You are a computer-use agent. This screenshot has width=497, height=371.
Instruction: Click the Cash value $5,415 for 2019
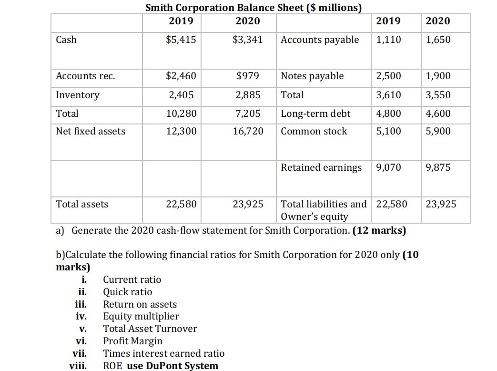[x=181, y=40]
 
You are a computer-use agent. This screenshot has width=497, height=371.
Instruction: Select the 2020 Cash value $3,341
[x=247, y=40]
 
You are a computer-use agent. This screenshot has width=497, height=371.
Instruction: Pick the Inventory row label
[x=78, y=95]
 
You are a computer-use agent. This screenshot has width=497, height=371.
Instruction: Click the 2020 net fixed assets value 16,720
[x=248, y=131]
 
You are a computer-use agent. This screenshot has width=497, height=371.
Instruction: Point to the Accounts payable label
[x=320, y=40]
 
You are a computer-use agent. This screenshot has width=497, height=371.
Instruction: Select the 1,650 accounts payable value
[x=437, y=40]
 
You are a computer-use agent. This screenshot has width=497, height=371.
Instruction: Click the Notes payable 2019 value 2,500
[x=388, y=76]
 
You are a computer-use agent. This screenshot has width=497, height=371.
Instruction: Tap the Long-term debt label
[x=315, y=113]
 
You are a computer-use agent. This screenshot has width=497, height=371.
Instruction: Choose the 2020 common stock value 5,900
[x=437, y=131]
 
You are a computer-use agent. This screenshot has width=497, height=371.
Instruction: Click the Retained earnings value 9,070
[x=388, y=167]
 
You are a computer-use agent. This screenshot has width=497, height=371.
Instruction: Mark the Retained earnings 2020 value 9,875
[x=437, y=167]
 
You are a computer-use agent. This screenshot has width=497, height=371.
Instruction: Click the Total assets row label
[x=82, y=204]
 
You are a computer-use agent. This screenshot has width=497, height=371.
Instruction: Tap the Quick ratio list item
[x=128, y=292]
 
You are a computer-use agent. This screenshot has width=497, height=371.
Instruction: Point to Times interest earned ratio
[x=163, y=353]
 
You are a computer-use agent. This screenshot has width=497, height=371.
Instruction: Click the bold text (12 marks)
[x=379, y=231]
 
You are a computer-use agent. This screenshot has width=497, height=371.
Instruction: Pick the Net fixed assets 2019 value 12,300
[x=181, y=131]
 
